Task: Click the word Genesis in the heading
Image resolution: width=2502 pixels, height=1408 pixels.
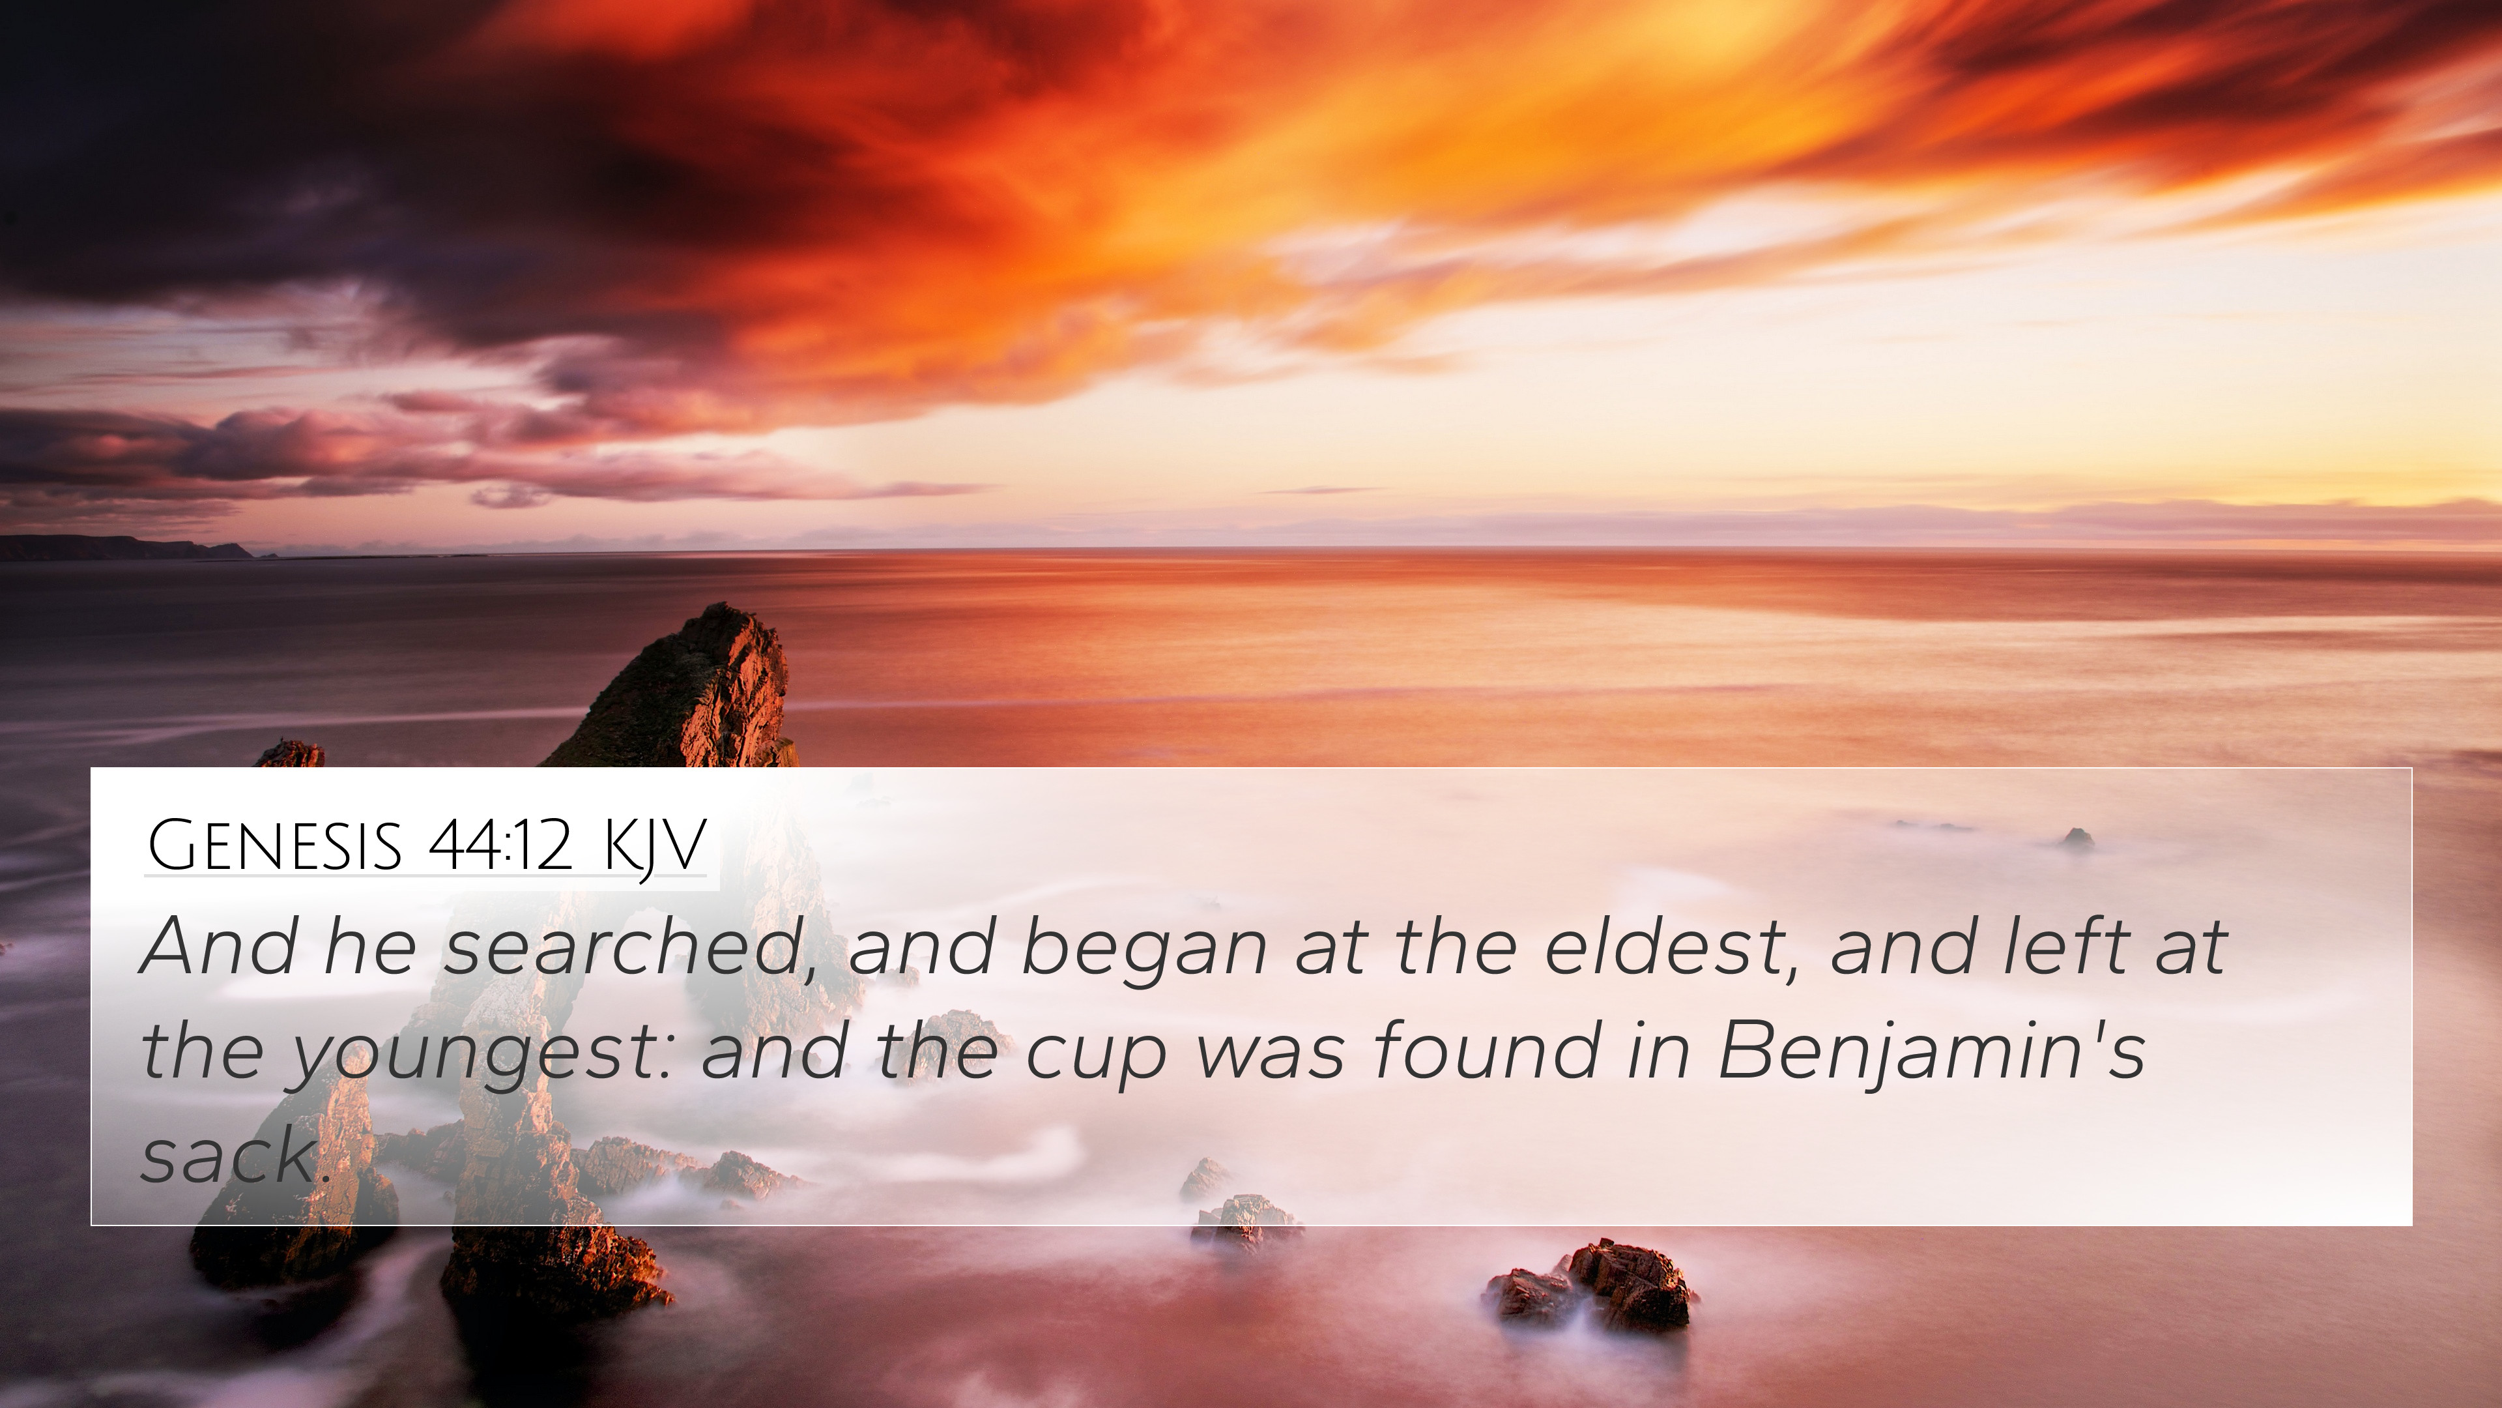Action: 274,845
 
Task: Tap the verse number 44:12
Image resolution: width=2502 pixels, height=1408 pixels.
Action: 499,845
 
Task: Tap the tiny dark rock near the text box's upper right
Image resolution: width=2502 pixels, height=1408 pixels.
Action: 2077,840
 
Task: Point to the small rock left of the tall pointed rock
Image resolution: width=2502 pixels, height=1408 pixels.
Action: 289,754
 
